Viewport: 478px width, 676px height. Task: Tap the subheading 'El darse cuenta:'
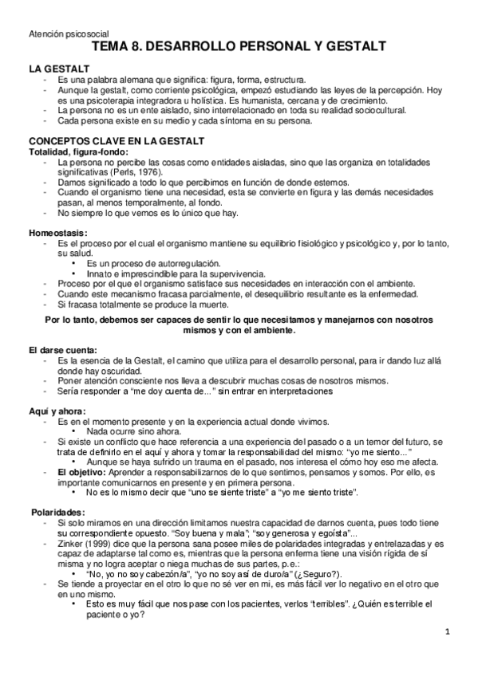pyautogui.click(x=64, y=350)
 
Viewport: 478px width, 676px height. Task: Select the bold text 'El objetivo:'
pyautogui.click(x=81, y=473)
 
